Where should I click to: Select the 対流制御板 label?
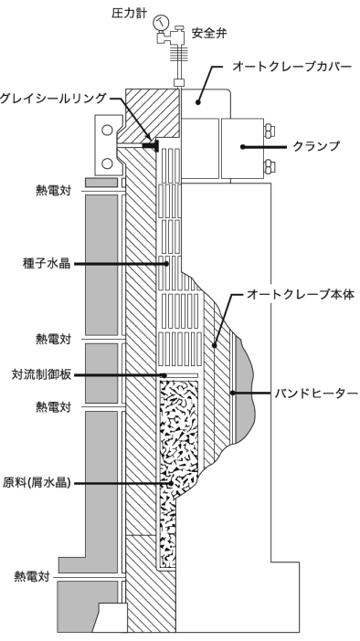point(39,374)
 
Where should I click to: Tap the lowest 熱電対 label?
point(30,576)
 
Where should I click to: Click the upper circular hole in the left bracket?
point(108,131)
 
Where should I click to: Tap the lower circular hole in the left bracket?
point(108,163)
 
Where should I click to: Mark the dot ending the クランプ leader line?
point(241,146)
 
